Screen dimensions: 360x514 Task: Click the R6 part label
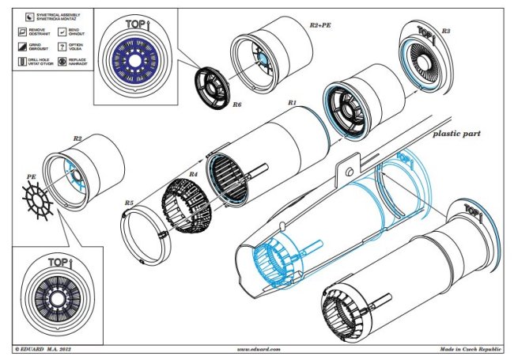click(237, 104)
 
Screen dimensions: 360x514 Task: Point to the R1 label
click(292, 103)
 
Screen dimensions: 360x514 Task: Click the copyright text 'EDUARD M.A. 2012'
click(48, 347)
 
